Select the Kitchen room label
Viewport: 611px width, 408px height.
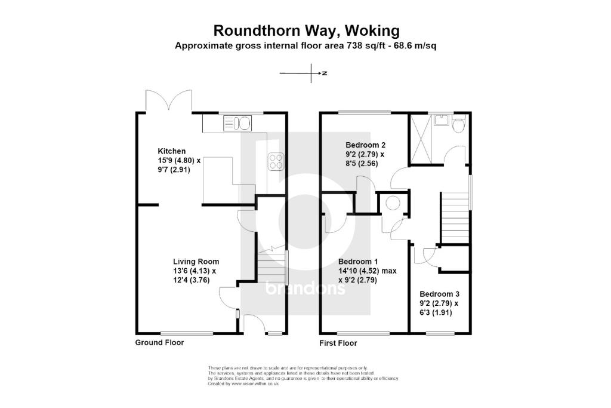(172, 151)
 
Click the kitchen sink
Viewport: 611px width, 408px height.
(238, 124)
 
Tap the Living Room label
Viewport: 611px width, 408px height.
(196, 262)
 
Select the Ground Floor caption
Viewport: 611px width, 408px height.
(159, 343)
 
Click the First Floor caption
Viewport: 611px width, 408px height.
(338, 343)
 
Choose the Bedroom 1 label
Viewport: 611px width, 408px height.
(358, 262)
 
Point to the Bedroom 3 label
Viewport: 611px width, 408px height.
(439, 294)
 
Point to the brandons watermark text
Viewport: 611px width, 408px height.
(305, 289)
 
